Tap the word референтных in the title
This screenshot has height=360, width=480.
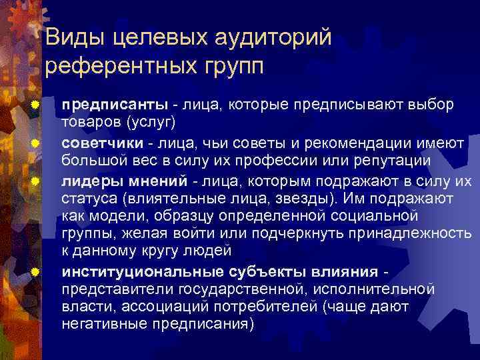pos(123,67)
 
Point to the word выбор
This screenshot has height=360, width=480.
pos(434,106)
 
